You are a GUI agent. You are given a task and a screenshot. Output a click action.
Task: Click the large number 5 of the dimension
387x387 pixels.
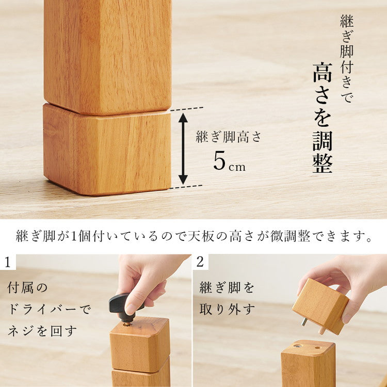click(219, 162)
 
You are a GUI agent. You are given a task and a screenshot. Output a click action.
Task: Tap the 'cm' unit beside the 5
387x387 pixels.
click(237, 167)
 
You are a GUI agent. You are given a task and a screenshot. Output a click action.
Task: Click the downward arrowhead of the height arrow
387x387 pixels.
click(183, 179)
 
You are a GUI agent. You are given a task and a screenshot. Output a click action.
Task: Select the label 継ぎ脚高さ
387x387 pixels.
click(229, 137)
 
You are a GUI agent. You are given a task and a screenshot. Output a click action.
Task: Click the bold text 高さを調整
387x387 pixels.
click(322, 118)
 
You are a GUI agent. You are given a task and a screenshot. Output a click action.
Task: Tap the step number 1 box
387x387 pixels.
click(8, 262)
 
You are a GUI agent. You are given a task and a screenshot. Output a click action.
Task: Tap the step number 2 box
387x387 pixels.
click(200, 262)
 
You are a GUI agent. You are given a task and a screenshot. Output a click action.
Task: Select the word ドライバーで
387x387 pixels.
click(50, 310)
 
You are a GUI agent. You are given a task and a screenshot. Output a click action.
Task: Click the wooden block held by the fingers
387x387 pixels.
click(320, 304)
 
